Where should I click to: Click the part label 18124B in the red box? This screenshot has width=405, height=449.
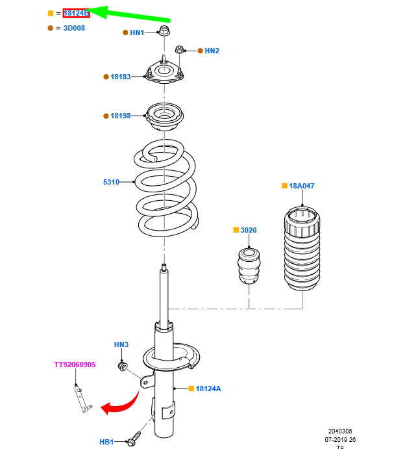click(x=76, y=13)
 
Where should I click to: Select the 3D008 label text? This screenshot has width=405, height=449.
click(x=74, y=28)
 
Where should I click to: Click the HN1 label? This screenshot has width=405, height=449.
click(x=137, y=32)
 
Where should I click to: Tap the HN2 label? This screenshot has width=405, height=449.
click(x=212, y=51)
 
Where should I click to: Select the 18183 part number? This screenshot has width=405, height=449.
click(x=121, y=77)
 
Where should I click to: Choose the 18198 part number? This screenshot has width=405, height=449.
click(x=121, y=116)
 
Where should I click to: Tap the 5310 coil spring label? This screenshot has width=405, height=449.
click(x=111, y=182)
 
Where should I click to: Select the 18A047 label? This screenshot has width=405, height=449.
click(x=302, y=186)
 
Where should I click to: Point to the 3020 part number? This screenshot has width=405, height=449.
click(x=249, y=230)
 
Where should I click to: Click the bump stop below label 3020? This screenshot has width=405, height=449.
click(x=249, y=266)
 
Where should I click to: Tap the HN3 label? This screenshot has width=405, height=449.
click(x=121, y=344)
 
